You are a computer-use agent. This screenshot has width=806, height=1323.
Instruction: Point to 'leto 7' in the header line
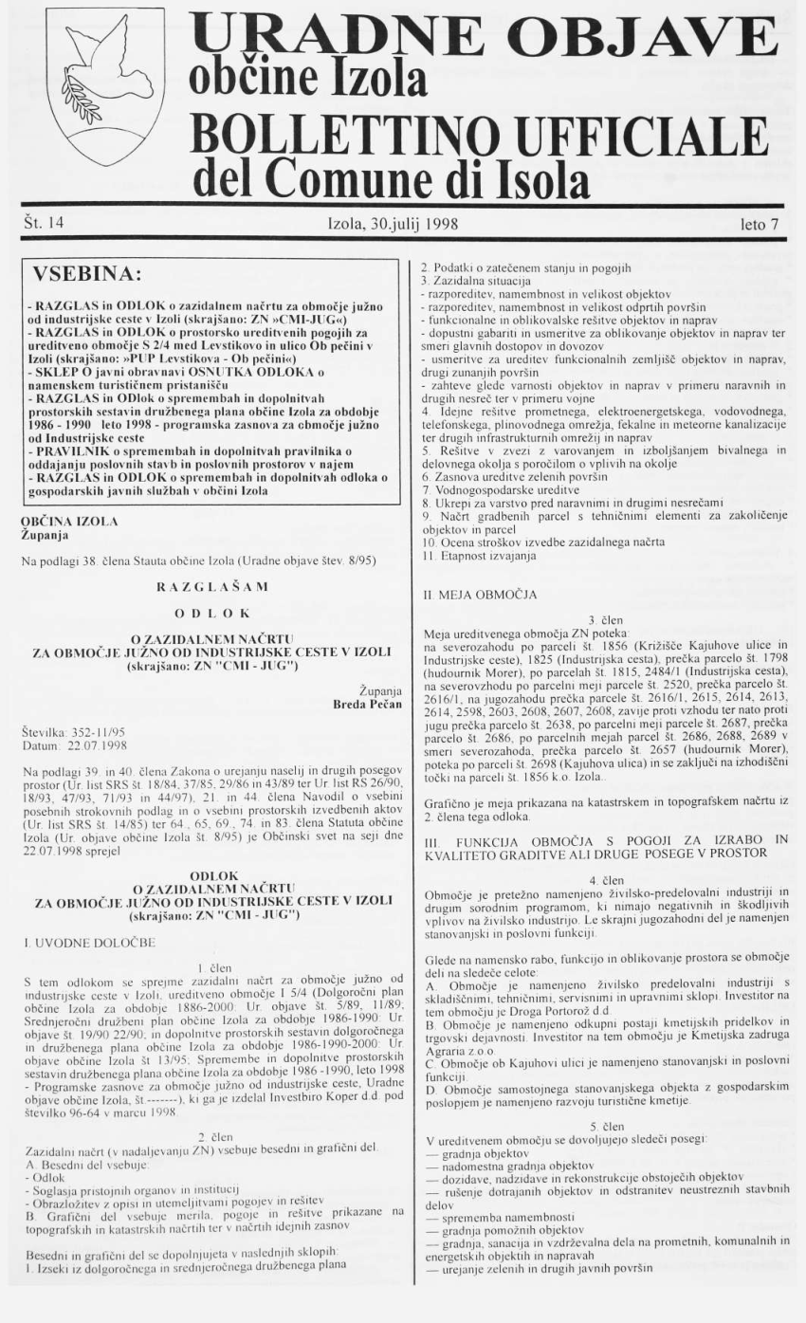760,226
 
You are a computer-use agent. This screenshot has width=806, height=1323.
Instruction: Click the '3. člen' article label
604,617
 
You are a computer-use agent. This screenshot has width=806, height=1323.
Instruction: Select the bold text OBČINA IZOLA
69,521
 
